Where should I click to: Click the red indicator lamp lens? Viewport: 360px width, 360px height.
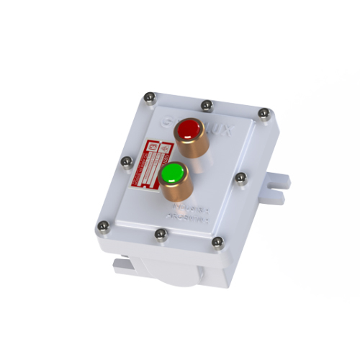coord(191,130)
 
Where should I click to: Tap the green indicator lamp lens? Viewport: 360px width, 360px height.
coord(172,174)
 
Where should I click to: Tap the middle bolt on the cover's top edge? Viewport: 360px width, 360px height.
coord(207,105)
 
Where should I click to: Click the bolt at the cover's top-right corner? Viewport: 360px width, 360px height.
coord(264,113)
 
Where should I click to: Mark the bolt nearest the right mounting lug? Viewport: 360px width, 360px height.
coord(240,177)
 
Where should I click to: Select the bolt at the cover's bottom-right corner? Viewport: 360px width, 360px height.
coord(216,246)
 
